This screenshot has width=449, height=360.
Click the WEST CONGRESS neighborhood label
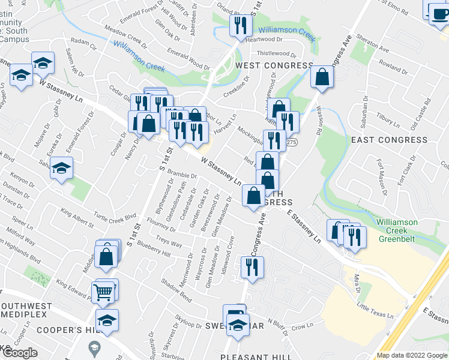coord(274,65)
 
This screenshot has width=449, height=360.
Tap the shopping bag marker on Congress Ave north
coord(322,77)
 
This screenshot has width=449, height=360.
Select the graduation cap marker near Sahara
coord(61,168)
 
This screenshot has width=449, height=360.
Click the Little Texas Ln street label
coord(375,311)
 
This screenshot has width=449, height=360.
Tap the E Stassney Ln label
coord(304,225)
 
